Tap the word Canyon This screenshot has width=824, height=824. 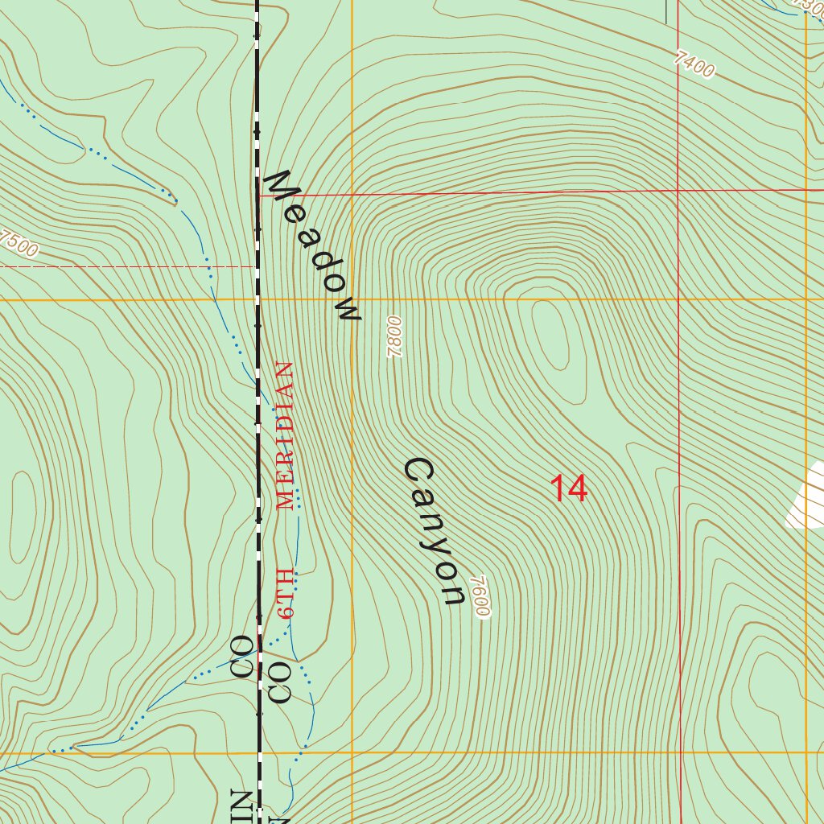coord(435,531)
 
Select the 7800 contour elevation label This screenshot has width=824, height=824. coord(393,337)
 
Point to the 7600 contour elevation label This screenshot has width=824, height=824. coord(480,596)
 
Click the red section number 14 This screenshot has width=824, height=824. coord(569,488)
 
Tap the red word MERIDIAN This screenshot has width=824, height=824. coord(286,435)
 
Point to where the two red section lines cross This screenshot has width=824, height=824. coord(678,192)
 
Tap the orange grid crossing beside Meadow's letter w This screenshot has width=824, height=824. coord(352,299)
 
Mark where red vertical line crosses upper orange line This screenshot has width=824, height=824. coord(678,299)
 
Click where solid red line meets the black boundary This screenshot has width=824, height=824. coord(258,195)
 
